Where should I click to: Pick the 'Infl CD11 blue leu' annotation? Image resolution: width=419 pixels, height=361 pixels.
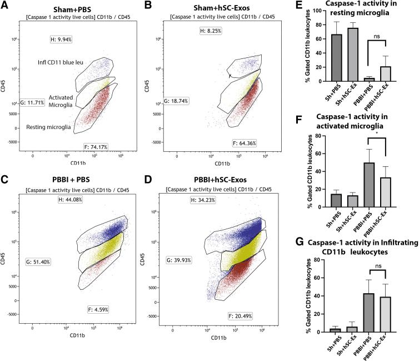click(x=65, y=62)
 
